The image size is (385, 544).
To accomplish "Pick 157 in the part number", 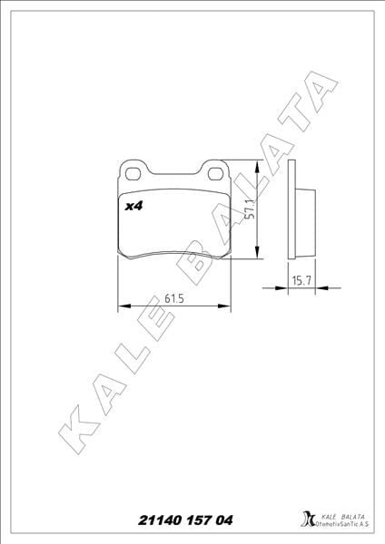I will click(199, 520).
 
